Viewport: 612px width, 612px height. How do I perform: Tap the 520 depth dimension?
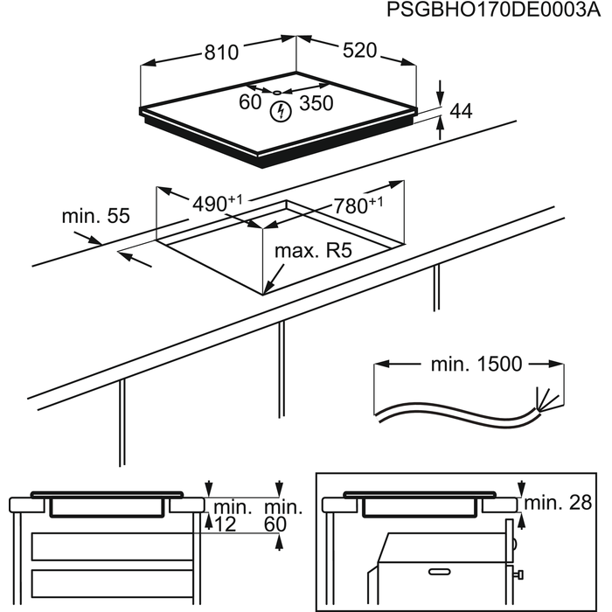click(x=358, y=51)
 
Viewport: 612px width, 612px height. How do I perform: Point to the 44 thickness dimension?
click(x=461, y=111)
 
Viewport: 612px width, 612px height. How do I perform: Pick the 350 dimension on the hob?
click(x=316, y=103)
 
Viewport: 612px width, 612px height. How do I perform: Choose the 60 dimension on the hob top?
click(x=250, y=102)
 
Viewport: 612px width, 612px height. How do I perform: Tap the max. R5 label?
click(x=312, y=252)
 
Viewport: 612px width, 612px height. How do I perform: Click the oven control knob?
click(x=519, y=574)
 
